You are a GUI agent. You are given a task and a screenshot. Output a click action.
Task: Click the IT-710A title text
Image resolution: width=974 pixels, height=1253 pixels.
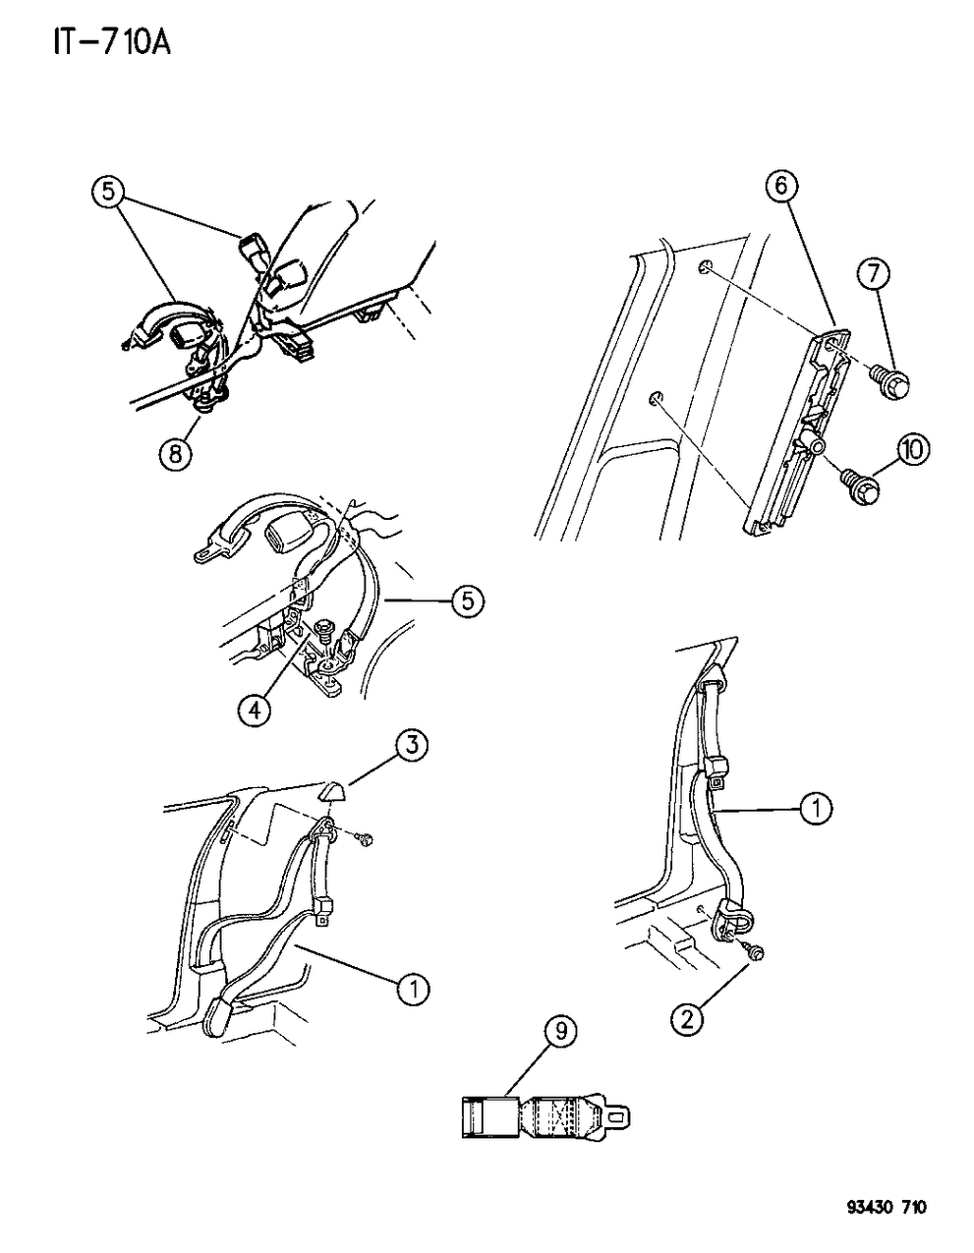click(x=112, y=42)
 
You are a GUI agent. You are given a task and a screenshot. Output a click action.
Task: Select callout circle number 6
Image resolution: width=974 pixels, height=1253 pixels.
click(x=782, y=187)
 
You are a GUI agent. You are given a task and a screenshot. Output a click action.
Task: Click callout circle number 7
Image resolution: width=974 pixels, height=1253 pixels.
click(x=874, y=274)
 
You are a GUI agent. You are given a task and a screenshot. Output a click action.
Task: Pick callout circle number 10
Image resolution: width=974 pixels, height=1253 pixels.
click(x=914, y=450)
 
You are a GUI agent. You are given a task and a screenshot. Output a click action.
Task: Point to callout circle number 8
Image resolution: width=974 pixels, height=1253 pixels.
click(x=175, y=454)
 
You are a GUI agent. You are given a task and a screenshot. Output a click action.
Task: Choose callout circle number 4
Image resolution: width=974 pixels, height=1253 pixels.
click(x=254, y=709)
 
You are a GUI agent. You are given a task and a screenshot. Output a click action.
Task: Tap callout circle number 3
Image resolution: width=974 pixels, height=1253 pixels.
click(x=411, y=746)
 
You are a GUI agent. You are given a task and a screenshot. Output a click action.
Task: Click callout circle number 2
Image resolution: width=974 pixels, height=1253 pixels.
click(x=687, y=1019)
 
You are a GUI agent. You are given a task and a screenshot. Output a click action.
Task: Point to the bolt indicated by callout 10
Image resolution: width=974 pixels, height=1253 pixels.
click(x=860, y=487)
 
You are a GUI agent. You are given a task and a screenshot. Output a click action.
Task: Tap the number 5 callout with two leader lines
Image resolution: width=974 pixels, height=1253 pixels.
click(x=109, y=193)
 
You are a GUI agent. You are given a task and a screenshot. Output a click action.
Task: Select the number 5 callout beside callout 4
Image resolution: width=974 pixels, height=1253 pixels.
click(x=468, y=601)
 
